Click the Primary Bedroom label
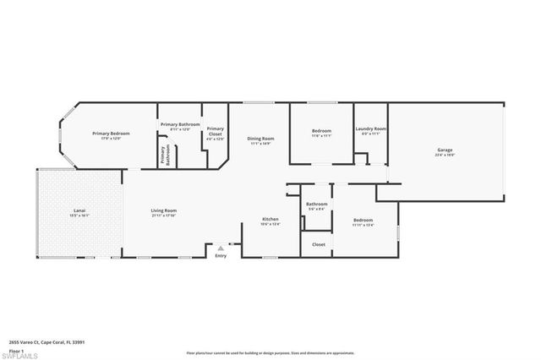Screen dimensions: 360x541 (112, 134)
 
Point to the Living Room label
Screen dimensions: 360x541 (163, 210)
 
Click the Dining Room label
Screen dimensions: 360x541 (260, 139)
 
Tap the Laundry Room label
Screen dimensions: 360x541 (370, 129)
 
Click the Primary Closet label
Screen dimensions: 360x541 (215, 131)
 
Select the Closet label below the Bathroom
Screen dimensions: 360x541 (318, 244)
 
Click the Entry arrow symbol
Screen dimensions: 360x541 (221, 248)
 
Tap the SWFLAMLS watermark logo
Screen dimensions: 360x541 (19, 355)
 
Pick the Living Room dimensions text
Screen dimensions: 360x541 (163, 215)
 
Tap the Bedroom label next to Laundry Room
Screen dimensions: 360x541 (321, 131)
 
